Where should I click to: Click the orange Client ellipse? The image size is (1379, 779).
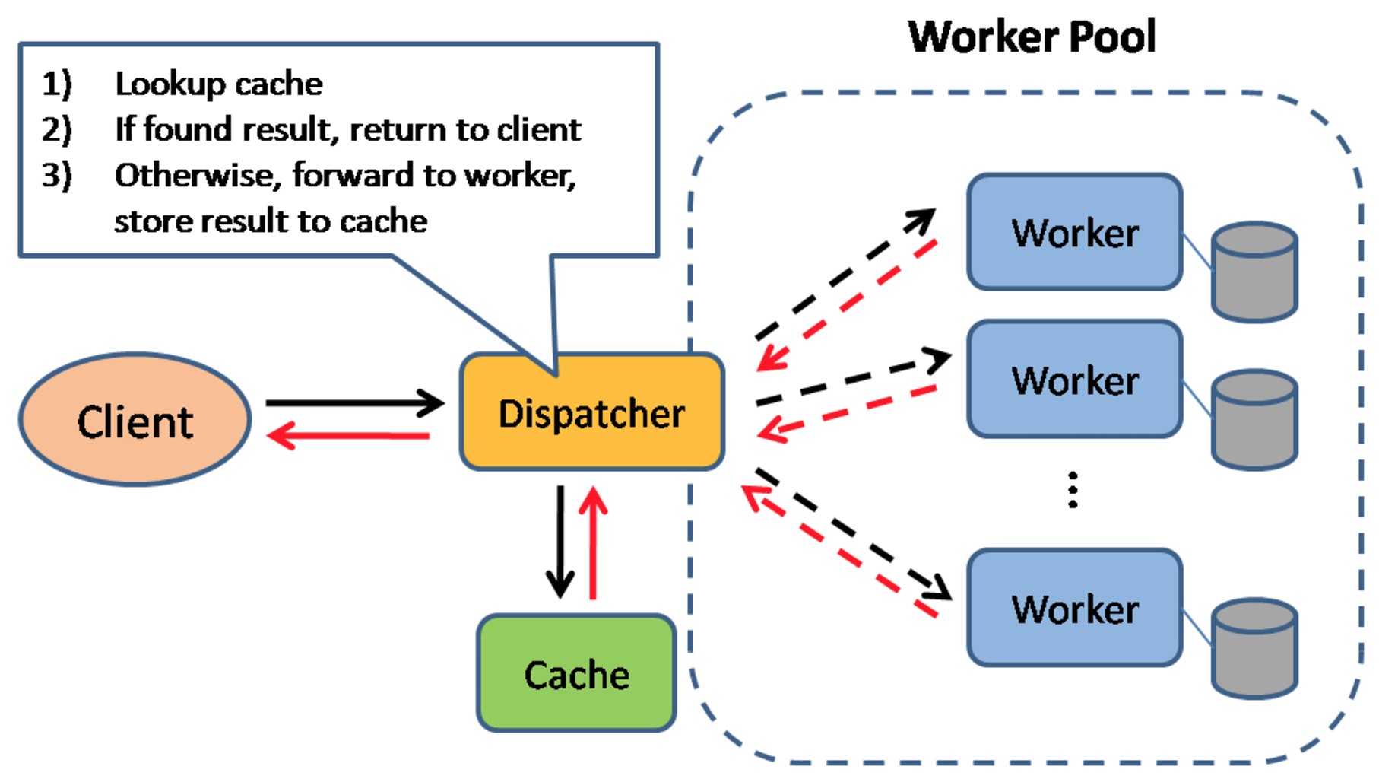(135, 419)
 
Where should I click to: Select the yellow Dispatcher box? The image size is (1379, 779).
(592, 412)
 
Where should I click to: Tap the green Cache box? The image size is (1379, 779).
(577, 673)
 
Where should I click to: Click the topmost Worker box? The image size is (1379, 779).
(1075, 232)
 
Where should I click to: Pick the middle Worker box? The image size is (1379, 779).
(1075, 379)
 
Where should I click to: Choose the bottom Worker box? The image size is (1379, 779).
(1075, 608)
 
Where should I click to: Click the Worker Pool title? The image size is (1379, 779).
(1032, 37)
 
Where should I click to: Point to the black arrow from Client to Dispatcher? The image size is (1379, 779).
(355, 402)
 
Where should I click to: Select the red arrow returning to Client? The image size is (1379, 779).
(348, 436)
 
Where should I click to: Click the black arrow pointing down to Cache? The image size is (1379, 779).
(560, 542)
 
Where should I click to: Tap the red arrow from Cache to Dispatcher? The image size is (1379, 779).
(593, 542)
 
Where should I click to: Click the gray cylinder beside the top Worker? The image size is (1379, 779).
(1254, 272)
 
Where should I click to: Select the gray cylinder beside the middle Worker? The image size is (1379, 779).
(1254, 420)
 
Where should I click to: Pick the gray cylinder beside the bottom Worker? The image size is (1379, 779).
(1254, 648)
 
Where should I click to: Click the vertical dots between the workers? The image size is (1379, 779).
(1073, 490)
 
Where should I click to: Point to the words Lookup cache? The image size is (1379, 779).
(219, 84)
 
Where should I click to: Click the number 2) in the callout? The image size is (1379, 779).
(57, 129)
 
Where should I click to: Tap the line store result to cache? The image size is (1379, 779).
(271, 221)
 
